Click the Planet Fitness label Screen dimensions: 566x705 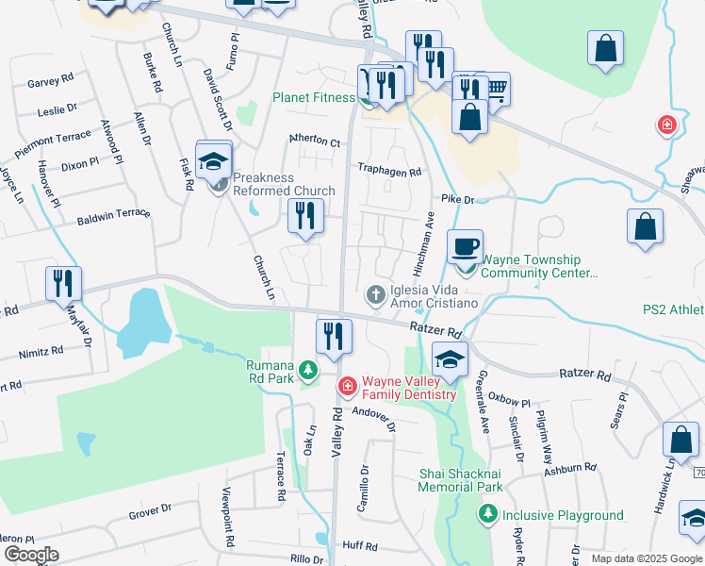click(314, 97)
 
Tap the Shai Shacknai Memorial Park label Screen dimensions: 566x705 click(462, 480)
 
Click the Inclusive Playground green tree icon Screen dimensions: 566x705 click(488, 514)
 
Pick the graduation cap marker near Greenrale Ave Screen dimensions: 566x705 click(451, 359)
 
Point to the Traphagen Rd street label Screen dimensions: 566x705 click(388, 171)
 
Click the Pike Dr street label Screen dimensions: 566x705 click(456, 200)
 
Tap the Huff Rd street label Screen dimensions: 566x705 click(360, 545)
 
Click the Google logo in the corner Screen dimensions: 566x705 click(31, 555)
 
